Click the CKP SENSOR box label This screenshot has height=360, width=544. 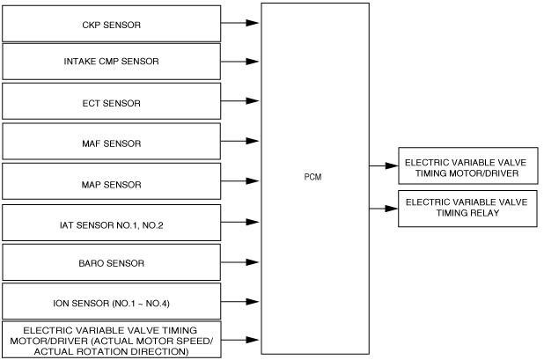112,25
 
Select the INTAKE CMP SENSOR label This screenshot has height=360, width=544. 112,62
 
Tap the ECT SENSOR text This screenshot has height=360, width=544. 112,103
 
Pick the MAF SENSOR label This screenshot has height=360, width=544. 112,143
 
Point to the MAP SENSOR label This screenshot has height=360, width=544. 112,185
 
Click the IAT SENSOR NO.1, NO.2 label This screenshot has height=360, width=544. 112,225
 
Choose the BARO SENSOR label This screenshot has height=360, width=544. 112,263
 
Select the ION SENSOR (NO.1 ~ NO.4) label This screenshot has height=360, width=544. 112,304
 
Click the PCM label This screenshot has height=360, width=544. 313,177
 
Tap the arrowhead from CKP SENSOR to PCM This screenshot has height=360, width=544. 253,23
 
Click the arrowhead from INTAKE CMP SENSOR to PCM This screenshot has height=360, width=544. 253,62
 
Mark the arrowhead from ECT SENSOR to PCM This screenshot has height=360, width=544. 253,101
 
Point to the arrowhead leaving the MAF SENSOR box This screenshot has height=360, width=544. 253,141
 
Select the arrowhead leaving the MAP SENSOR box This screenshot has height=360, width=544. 253,181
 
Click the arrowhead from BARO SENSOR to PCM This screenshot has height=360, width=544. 253,262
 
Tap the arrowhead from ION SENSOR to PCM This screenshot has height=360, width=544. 253,302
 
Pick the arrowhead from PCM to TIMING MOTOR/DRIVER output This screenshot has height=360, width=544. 392,165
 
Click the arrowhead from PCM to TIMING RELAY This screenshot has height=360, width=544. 392,209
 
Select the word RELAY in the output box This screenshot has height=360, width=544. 484,213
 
